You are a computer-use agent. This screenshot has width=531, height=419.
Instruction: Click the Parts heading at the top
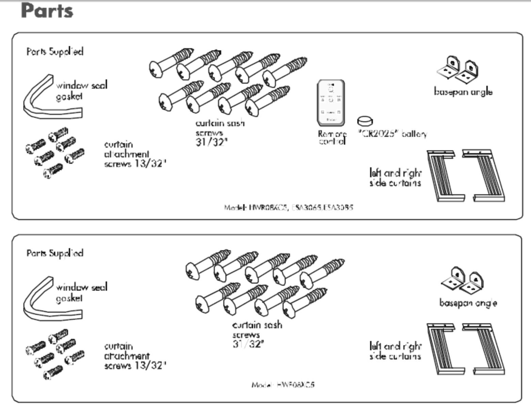47,11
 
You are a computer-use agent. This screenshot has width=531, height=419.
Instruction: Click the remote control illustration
331,102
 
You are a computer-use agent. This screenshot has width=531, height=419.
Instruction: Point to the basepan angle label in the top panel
463,92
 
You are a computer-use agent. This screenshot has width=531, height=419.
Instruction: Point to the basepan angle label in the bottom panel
468,303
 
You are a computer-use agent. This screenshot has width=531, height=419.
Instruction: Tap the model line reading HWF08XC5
283,385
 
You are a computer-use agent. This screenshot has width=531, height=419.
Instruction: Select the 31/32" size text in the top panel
211,142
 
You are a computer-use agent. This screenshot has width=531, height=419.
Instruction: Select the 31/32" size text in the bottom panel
248,344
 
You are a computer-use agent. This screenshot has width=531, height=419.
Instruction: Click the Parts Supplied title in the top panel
55,52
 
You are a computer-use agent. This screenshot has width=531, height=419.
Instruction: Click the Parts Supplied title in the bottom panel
55,253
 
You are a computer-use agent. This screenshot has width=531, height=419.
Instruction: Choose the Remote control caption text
332,138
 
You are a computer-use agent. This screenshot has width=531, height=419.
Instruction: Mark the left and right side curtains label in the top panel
395,178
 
